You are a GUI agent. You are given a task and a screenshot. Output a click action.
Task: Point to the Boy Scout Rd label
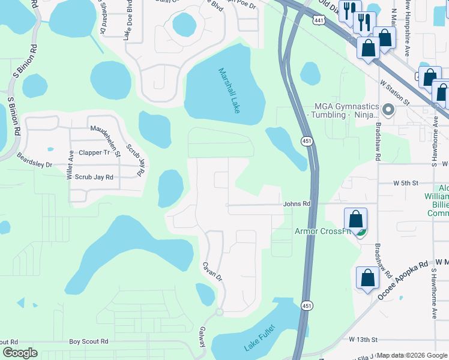point(88,341)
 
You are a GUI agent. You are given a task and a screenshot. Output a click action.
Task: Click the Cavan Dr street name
point(212,271)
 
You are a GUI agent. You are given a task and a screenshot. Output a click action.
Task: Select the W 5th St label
point(405,182)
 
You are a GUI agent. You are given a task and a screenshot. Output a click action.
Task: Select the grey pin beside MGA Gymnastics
point(388,110)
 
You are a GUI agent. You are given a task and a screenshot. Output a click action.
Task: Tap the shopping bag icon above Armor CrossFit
point(355,219)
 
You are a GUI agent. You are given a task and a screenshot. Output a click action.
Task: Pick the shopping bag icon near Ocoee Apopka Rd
point(367,278)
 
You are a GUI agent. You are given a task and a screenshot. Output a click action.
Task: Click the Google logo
point(20,353)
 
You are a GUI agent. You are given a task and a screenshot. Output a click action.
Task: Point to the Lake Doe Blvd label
point(128,21)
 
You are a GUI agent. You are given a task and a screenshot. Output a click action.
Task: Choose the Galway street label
point(202,336)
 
